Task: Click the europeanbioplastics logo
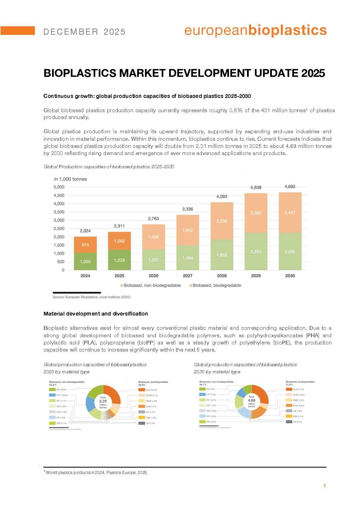click(x=255, y=31)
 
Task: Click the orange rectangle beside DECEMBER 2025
click(x=17, y=31)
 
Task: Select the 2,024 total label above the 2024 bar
click(x=85, y=231)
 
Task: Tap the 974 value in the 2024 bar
click(x=85, y=245)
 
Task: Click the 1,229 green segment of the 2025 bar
click(x=119, y=260)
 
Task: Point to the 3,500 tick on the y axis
click(x=59, y=212)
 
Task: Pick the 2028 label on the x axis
click(x=222, y=276)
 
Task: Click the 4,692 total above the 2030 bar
click(x=290, y=186)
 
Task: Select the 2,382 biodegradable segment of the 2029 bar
click(x=256, y=213)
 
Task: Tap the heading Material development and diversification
click(x=96, y=313)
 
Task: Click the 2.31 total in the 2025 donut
click(x=103, y=401)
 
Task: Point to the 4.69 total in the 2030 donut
click(x=251, y=401)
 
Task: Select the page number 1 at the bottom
click(x=324, y=486)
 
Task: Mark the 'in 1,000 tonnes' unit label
click(x=70, y=179)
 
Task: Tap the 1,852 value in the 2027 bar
click(x=187, y=230)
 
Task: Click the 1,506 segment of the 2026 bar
click(x=153, y=237)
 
